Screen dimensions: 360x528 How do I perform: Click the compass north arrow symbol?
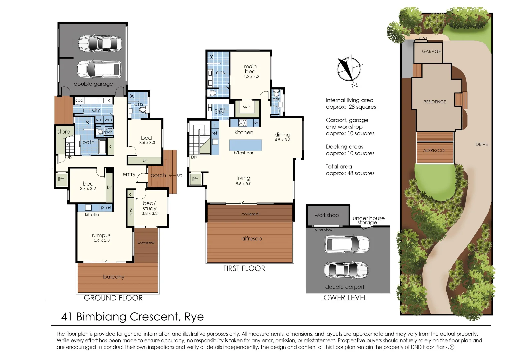pos(349,70)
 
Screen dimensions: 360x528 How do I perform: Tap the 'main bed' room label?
pos(250,69)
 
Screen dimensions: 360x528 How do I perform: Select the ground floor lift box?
pos(61,179)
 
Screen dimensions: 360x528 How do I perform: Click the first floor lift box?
pos(195,179)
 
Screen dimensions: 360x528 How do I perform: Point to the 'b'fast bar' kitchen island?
pos(245,146)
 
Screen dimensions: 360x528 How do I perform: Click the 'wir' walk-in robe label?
pos(247,107)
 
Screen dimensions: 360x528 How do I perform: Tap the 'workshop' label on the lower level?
pos(326,215)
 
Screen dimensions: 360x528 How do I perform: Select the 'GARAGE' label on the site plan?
pos(431,52)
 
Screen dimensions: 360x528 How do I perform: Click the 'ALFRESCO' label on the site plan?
pos(434,151)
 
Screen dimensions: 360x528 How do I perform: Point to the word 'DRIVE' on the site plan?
pos(481,145)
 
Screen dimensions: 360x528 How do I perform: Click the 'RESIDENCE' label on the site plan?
pos(435,102)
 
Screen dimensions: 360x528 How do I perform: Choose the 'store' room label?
pos(64,132)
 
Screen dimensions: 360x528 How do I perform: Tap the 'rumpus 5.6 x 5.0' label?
pos(101,238)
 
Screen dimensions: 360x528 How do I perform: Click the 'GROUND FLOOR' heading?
pos(113,298)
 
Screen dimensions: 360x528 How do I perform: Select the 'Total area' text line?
pos(339,167)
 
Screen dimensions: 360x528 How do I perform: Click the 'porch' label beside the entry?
pos(158,175)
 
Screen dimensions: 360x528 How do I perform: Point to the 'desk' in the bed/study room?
pos(131,212)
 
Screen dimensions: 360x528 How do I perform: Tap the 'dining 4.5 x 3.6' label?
pos(282,137)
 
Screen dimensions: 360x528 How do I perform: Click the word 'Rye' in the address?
pos(194,317)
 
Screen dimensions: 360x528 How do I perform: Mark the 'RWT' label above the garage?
pos(423,38)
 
